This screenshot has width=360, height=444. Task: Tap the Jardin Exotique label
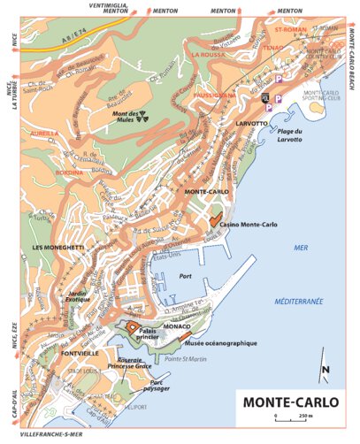tap(81, 297)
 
